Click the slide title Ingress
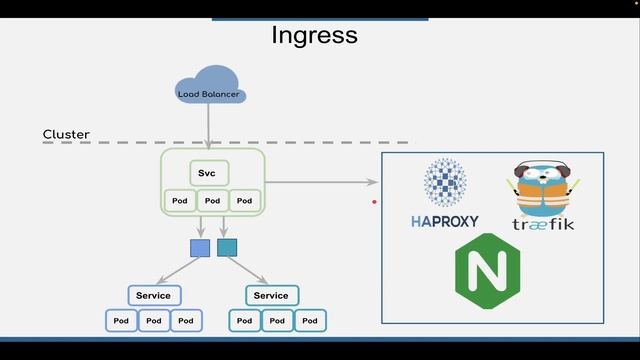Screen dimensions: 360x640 point(314,36)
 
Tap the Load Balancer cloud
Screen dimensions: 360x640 point(209,89)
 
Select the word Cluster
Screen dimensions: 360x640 point(66,134)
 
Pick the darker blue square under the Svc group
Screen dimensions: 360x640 point(199,247)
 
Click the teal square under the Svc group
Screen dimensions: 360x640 point(227,247)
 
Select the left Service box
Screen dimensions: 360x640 point(153,295)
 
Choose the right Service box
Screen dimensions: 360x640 point(271,295)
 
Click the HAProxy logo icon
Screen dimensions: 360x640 point(444,184)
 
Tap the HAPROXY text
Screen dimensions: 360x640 point(444,221)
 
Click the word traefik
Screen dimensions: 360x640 point(543,224)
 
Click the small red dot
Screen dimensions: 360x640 point(375,202)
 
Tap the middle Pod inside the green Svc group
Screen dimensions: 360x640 point(211,201)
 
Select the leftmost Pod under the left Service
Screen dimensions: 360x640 point(121,321)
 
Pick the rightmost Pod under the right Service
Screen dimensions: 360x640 point(309,321)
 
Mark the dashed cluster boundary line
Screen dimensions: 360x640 point(300,143)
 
